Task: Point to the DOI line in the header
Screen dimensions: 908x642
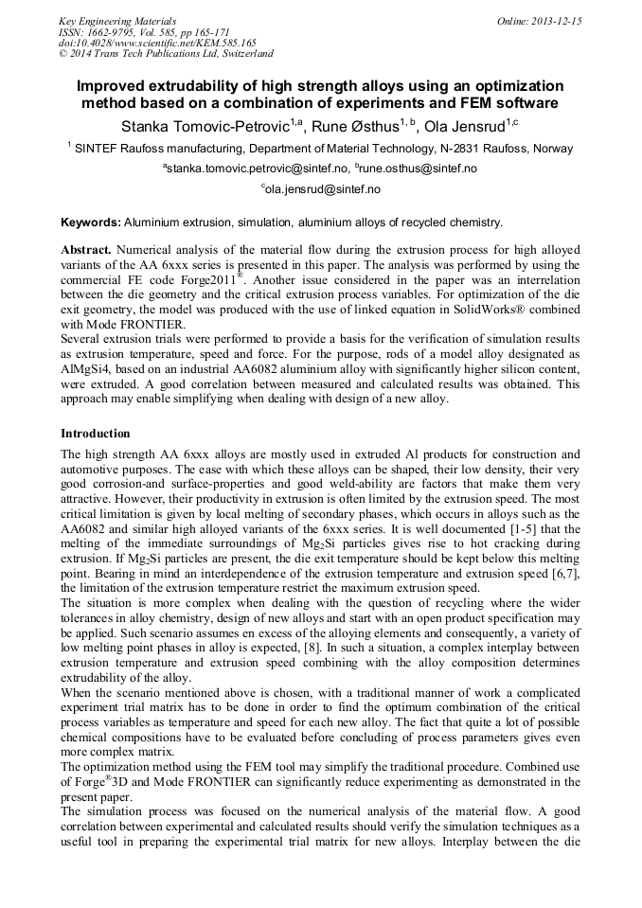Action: pos(157,43)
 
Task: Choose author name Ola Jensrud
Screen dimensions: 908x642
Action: pos(464,126)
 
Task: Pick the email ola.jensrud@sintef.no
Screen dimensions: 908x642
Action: pos(323,189)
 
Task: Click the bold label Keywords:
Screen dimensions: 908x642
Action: pos(90,223)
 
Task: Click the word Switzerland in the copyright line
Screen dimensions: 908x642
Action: pos(243,54)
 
